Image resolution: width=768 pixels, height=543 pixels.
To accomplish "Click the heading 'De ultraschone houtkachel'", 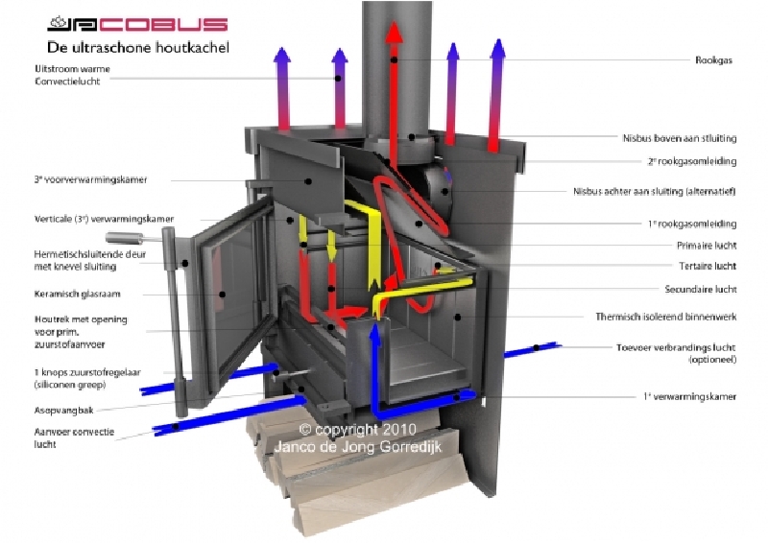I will click(x=137, y=46).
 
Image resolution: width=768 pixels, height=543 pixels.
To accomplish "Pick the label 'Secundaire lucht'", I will click(x=701, y=289).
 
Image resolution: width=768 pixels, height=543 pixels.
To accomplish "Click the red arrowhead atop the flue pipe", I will click(x=394, y=31).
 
